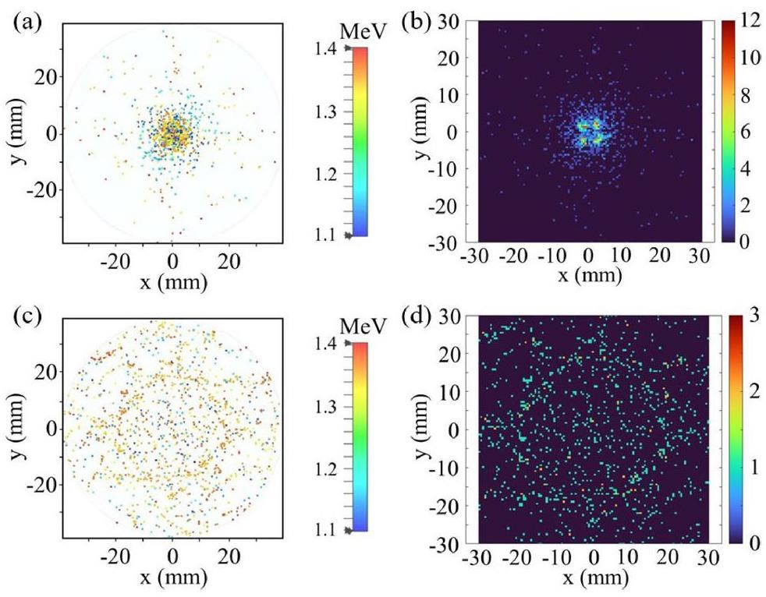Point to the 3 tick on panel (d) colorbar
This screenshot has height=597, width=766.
(743, 318)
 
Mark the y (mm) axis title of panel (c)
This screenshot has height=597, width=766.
(14, 427)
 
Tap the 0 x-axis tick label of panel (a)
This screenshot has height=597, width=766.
(173, 260)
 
